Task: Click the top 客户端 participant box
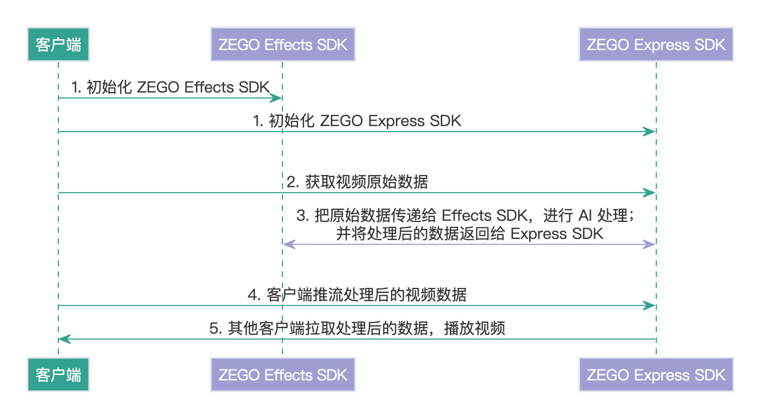tap(58, 45)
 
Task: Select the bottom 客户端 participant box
tap(58, 375)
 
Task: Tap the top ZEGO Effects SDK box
tap(282, 45)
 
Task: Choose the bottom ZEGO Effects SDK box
tap(282, 375)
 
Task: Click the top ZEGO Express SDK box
tap(656, 45)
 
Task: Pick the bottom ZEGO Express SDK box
tap(656, 375)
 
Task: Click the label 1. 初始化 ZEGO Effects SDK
tap(171, 88)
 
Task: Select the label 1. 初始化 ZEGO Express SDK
tap(357, 121)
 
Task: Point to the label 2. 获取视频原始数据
tap(357, 182)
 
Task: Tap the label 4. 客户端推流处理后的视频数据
tap(357, 295)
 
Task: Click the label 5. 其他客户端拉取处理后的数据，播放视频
tap(357, 329)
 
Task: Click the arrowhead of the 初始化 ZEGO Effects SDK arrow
tap(278, 98)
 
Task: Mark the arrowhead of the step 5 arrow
tap(63, 339)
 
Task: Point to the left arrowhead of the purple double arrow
tap(287, 244)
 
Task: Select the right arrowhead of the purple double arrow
tap(651, 244)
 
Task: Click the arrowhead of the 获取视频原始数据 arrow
tap(651, 193)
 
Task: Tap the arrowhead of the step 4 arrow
tap(651, 306)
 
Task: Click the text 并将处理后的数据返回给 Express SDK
tap(469, 233)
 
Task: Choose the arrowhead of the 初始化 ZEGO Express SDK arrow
tap(651, 132)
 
